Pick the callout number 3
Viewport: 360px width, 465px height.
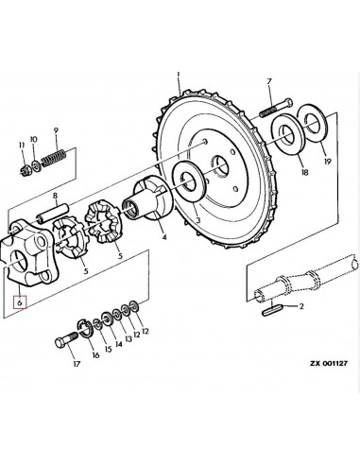click(197, 219)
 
